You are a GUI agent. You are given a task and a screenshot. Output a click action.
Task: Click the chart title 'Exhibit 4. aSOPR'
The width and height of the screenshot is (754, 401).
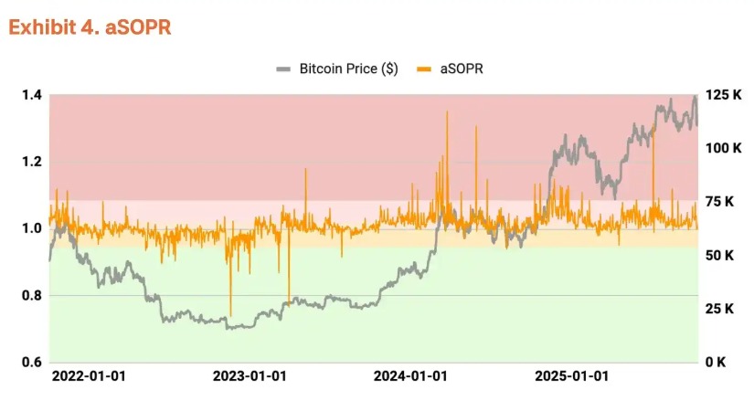(x=90, y=27)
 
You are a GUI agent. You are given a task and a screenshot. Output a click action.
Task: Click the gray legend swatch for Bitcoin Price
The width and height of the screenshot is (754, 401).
(x=284, y=69)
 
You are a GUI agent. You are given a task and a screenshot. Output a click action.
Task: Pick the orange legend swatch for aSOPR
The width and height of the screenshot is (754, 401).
(x=423, y=69)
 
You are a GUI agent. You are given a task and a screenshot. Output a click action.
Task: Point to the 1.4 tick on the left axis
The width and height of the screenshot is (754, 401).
(x=30, y=96)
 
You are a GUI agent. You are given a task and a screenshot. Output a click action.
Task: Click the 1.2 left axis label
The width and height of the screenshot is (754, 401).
(x=30, y=163)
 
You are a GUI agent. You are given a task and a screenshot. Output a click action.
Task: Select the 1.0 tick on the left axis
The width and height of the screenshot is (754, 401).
(x=30, y=228)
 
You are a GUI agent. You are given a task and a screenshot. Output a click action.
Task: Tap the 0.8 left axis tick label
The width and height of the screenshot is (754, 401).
(x=30, y=295)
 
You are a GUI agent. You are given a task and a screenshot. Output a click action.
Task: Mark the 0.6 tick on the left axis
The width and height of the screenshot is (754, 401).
(x=30, y=362)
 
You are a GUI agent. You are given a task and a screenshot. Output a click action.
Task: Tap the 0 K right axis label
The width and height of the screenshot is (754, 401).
(x=718, y=362)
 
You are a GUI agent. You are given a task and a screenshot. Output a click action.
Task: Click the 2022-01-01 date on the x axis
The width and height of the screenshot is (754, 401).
(x=90, y=376)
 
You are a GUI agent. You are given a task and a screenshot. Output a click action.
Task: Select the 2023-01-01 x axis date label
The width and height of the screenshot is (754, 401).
(x=250, y=376)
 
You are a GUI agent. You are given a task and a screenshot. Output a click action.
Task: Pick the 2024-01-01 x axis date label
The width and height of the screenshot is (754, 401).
(x=410, y=376)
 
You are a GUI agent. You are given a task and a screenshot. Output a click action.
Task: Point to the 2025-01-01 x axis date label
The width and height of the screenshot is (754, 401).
(x=570, y=376)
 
